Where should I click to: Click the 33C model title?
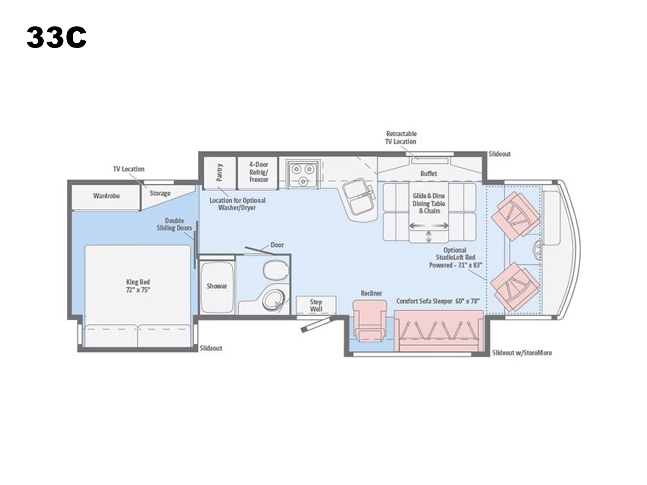[x=57, y=37]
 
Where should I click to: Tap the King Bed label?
[x=138, y=286]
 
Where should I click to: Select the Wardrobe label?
[x=106, y=196]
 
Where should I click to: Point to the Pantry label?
[x=219, y=172]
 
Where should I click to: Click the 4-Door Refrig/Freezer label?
[x=258, y=172]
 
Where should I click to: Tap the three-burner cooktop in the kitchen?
[x=302, y=174]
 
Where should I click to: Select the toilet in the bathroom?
[x=276, y=271]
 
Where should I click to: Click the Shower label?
[x=217, y=286]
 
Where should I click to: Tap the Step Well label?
[x=316, y=306]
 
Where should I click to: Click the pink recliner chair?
[x=370, y=321]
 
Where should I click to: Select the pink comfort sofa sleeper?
[x=438, y=331]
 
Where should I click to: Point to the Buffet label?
[x=429, y=174]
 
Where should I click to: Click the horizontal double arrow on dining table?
[x=429, y=226]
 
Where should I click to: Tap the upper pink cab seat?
[x=515, y=214]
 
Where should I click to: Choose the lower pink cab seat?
[x=515, y=287]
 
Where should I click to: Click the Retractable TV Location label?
[x=401, y=137]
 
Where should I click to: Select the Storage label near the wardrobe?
[x=160, y=193]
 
